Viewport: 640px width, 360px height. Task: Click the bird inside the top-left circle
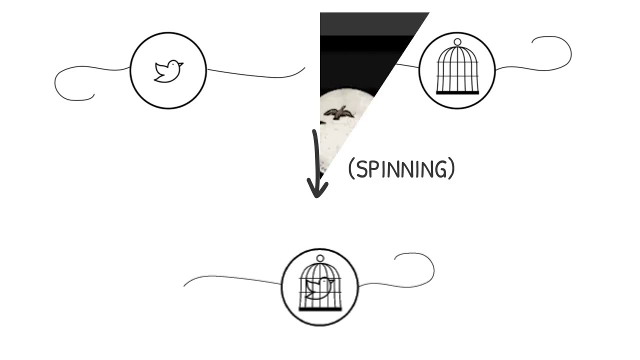click(x=168, y=71)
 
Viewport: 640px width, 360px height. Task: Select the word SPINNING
click(x=401, y=169)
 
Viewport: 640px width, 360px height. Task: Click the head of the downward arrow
click(x=317, y=190)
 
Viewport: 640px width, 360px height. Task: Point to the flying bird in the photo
click(x=339, y=113)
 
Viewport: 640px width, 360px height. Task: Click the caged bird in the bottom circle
click(x=319, y=287)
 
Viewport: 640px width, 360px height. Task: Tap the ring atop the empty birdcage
click(x=457, y=42)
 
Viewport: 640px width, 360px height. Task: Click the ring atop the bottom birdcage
click(x=320, y=258)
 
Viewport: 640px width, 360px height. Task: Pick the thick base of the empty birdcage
click(x=457, y=92)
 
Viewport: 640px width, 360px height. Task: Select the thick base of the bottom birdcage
click(x=320, y=309)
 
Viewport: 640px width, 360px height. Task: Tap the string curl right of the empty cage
click(x=555, y=52)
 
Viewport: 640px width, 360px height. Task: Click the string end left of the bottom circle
click(x=185, y=285)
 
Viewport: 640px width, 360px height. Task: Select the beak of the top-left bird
click(x=181, y=64)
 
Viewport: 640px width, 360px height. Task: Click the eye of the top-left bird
click(x=174, y=64)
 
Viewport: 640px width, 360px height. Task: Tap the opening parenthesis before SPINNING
click(x=351, y=169)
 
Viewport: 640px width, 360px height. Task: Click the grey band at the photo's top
click(x=370, y=23)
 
